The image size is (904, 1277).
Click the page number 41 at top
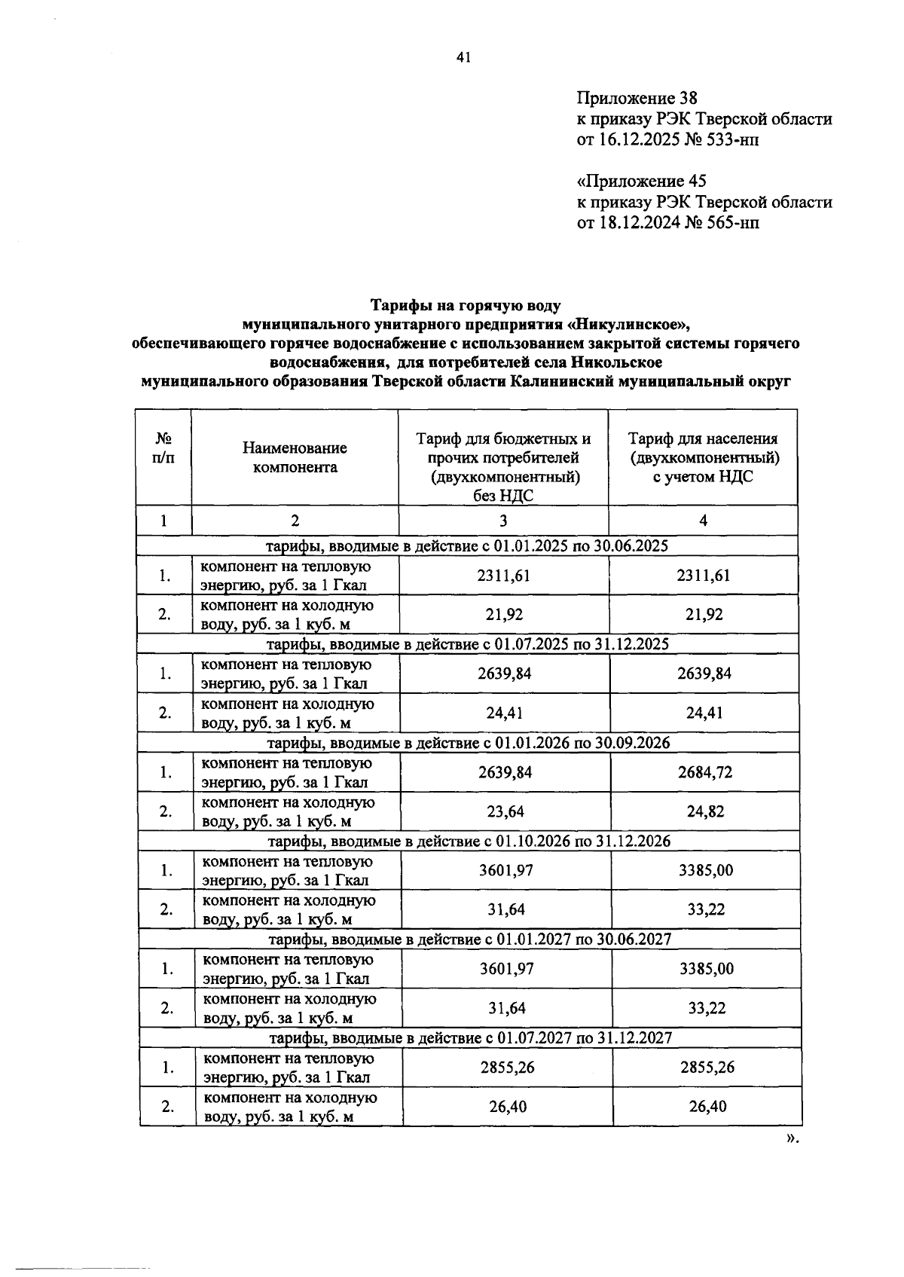pyautogui.click(x=463, y=57)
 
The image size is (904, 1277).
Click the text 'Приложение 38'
pyautogui.click(x=637, y=98)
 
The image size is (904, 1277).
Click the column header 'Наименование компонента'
pyautogui.click(x=295, y=457)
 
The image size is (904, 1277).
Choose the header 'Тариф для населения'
pyautogui.click(x=703, y=438)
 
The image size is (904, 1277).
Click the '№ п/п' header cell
pyautogui.click(x=163, y=448)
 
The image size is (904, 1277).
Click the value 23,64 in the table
pyautogui.click(x=505, y=811)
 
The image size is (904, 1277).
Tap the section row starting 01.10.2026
pyautogui.click(x=469, y=841)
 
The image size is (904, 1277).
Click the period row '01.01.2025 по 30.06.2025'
pyautogui.click(x=467, y=545)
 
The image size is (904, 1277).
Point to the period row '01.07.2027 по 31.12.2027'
pyautogui.click(x=470, y=1037)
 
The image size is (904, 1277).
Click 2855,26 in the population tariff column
pyautogui.click(x=707, y=1068)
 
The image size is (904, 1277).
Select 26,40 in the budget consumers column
pyautogui.click(x=507, y=1107)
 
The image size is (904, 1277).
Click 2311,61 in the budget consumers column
pyautogui.click(x=503, y=576)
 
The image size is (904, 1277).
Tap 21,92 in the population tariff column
pyautogui.click(x=704, y=615)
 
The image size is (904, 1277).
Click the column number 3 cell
pyautogui.click(x=503, y=521)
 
